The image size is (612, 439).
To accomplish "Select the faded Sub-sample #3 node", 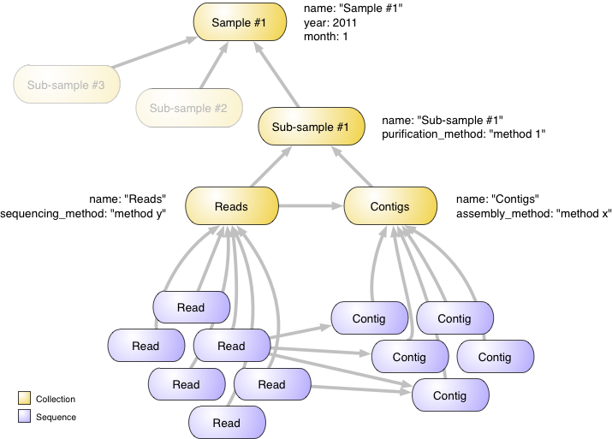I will tap(66, 85).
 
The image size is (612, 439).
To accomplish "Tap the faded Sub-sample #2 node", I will tap(187, 108).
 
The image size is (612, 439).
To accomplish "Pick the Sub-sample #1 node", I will tap(310, 128).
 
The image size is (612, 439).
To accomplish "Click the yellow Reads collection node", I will tap(231, 206).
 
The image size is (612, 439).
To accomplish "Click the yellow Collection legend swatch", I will tap(24, 399).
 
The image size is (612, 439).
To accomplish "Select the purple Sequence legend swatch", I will tap(24, 417).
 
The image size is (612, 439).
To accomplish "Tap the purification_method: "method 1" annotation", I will tap(463, 134).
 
